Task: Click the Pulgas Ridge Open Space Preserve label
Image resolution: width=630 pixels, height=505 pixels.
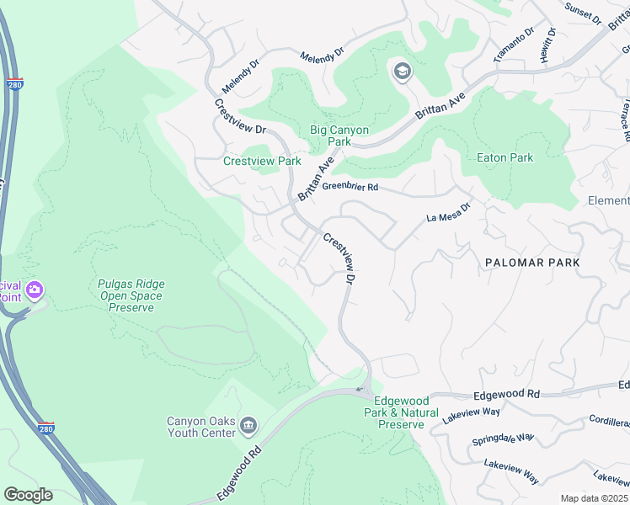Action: click(x=131, y=296)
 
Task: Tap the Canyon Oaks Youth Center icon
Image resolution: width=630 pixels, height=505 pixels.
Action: click(x=248, y=424)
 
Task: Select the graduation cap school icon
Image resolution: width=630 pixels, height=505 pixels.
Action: click(x=401, y=71)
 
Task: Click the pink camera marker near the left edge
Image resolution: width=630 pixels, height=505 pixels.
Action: click(x=35, y=291)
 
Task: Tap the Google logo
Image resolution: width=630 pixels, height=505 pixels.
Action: click(x=28, y=495)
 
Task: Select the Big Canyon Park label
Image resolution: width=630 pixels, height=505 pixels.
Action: click(x=339, y=136)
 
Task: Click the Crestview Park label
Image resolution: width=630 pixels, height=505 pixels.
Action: click(x=262, y=161)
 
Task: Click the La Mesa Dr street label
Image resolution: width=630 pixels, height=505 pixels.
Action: click(x=447, y=217)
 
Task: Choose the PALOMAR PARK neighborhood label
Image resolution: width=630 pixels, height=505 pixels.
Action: click(x=532, y=263)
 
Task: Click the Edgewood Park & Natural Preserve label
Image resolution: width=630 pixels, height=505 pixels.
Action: click(x=401, y=412)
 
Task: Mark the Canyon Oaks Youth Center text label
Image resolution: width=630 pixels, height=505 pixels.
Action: click(x=200, y=428)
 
